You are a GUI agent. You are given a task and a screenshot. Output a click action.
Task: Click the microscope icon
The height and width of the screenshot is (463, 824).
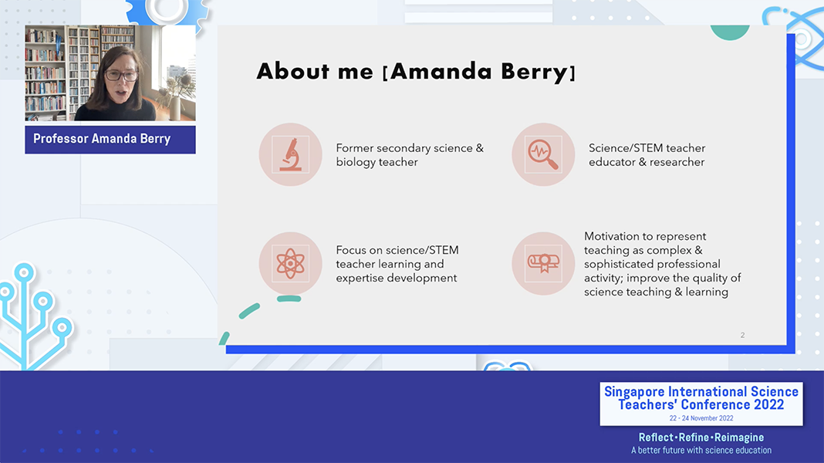coord(291,154)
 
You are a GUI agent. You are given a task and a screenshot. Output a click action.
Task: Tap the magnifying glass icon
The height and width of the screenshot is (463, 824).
coord(543,154)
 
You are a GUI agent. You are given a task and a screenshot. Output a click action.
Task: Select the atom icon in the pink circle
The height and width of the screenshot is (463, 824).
coord(291,263)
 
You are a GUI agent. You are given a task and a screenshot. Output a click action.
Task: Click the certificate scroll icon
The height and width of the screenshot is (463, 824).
coord(543,263)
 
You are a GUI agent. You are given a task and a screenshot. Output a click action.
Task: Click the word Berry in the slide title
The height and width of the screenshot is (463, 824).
coord(534,72)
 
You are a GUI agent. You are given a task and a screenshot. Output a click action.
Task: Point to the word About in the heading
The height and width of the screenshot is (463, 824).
coord(292,71)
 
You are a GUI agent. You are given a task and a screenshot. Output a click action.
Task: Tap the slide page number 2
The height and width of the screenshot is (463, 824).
coord(742,335)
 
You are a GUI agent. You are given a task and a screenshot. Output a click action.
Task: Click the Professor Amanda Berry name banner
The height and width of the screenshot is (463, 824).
coord(110,139)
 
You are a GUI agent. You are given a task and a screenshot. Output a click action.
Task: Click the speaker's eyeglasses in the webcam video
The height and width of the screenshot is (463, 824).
coord(121,75)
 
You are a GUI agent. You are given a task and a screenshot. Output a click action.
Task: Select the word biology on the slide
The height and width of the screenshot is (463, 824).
coord(356,162)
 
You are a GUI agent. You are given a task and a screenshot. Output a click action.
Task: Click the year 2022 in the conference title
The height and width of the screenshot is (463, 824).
coord(768,404)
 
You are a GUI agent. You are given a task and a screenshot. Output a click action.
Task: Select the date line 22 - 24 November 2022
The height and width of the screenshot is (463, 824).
coord(701,418)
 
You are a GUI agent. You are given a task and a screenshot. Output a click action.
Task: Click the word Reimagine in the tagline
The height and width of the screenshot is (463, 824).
coord(739,438)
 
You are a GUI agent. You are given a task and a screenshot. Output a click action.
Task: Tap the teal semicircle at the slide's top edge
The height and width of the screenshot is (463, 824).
coord(730,32)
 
